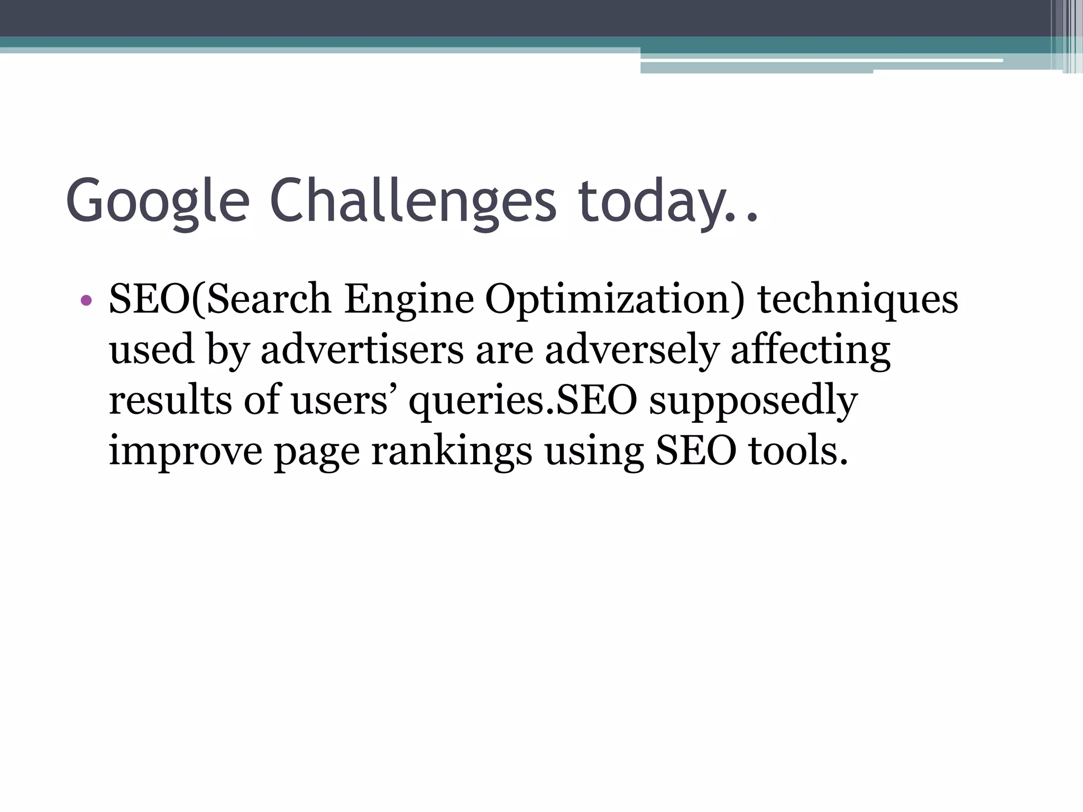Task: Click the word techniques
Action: [858, 299]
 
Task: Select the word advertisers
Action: [362, 350]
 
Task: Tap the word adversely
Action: [632, 351]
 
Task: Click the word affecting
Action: [810, 351]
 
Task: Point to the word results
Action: [170, 400]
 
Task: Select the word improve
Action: [185, 451]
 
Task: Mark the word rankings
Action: [452, 451]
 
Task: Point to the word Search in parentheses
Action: [269, 299]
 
